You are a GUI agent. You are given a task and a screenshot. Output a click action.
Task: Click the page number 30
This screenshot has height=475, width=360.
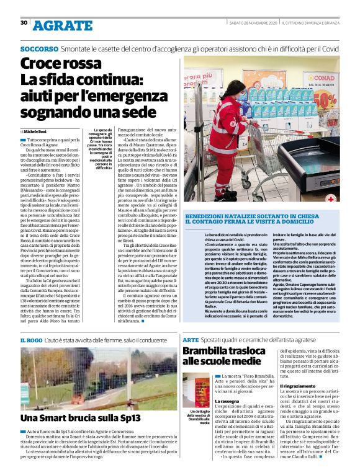pyautogui.click(x=24, y=23)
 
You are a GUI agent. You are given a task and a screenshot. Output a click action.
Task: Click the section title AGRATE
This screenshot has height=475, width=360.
pyautogui.click(x=62, y=25)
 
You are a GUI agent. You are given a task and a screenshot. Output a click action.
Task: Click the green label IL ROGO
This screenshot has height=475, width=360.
pyautogui.click(x=31, y=340)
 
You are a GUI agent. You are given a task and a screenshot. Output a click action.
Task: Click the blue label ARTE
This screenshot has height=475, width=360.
pyautogui.click(x=191, y=340)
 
